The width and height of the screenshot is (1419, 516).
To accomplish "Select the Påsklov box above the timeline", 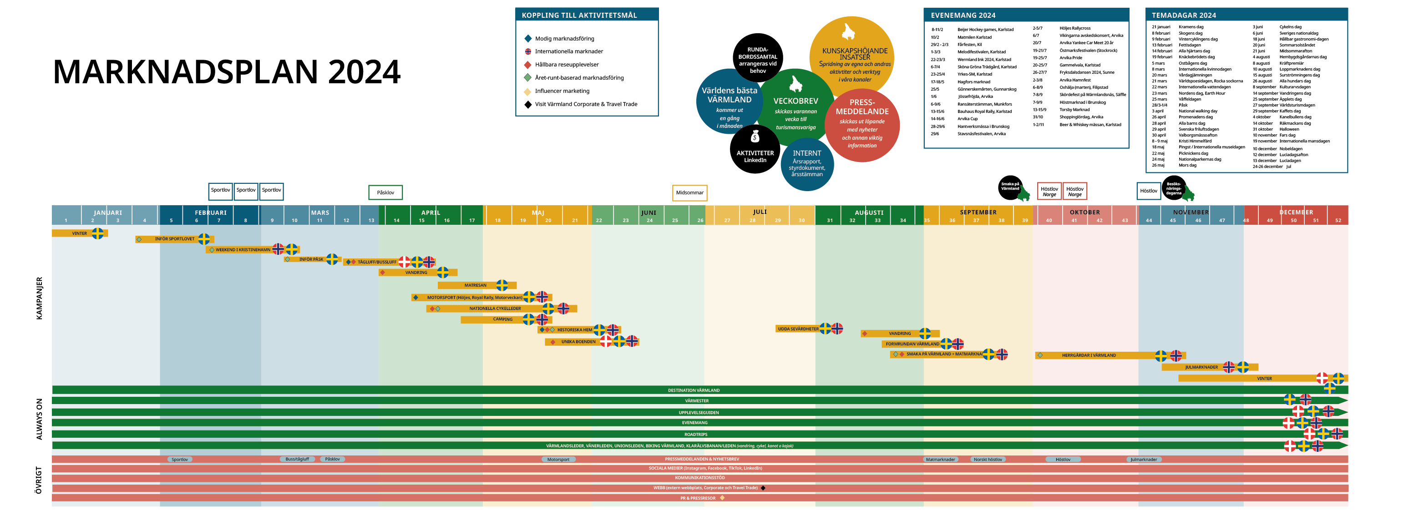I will pos(385,192).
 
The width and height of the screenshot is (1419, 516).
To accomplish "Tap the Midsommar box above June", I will pos(689,193).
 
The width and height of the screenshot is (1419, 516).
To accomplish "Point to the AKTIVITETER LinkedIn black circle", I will pos(755,151).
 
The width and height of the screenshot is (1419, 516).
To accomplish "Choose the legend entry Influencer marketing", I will pos(562,91).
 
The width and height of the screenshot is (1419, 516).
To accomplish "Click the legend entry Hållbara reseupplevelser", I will pos(566,65).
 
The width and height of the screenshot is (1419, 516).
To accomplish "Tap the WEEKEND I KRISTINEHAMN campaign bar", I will pos(243,249).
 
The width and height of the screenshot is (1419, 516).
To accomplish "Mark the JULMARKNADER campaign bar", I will pos(1201,367).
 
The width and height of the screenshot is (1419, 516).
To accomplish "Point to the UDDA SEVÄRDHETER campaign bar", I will pos(798,329).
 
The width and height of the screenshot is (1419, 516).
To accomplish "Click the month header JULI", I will pos(760,212).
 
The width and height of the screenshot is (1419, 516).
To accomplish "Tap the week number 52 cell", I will pos(1338,220).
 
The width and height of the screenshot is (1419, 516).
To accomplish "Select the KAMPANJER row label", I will pos(39,298).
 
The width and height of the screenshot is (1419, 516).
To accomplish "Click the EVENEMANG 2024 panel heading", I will pos(963,15).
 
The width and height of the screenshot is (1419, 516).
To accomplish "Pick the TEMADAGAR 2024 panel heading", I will pos(1183,15).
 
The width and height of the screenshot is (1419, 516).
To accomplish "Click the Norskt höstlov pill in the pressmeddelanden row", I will pos(988,459).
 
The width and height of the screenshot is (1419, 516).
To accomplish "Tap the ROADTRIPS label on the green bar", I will pos(695,434).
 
